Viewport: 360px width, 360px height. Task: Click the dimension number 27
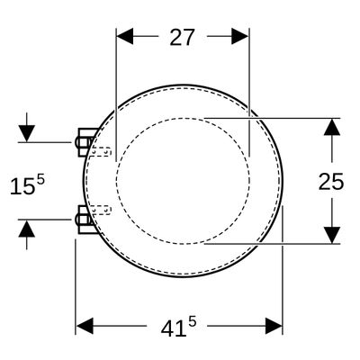click(x=183, y=37)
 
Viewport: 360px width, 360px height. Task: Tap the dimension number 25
click(x=331, y=182)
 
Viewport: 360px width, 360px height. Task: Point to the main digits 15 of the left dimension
click(x=22, y=186)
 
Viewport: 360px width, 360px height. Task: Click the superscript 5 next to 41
click(x=193, y=322)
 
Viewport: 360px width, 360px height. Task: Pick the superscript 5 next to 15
click(x=40, y=181)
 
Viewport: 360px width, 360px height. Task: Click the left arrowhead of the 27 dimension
click(x=125, y=36)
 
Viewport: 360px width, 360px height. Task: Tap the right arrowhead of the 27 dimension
click(x=240, y=36)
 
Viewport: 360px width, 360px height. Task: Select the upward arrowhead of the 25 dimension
click(x=332, y=127)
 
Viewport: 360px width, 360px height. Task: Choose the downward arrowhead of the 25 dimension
click(x=332, y=236)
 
